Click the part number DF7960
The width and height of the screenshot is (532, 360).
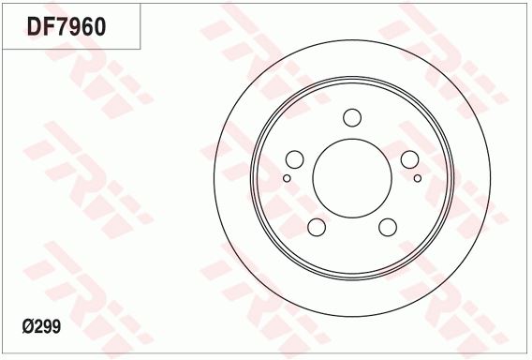pyautogui.click(x=66, y=26)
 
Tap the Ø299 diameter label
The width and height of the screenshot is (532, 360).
pyautogui.click(x=41, y=327)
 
